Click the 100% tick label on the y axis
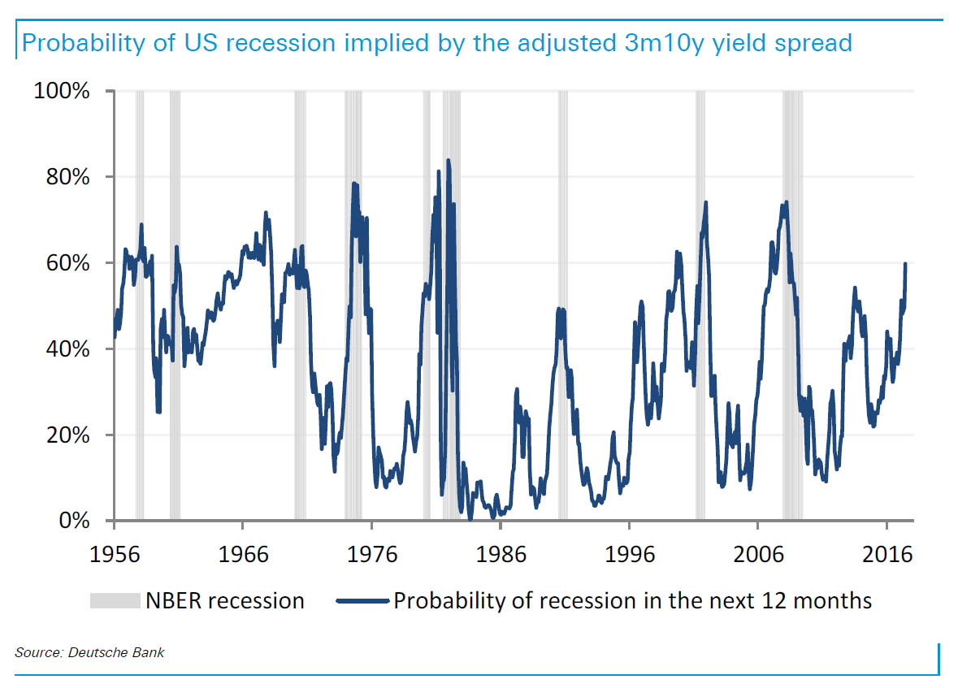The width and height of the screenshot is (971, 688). tap(61, 91)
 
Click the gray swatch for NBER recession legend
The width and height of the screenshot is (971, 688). tap(115, 601)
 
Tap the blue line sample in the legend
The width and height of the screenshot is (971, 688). tap(362, 601)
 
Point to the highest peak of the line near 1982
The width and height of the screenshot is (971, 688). tap(448, 160)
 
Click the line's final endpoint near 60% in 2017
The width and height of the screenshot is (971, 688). tap(906, 264)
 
